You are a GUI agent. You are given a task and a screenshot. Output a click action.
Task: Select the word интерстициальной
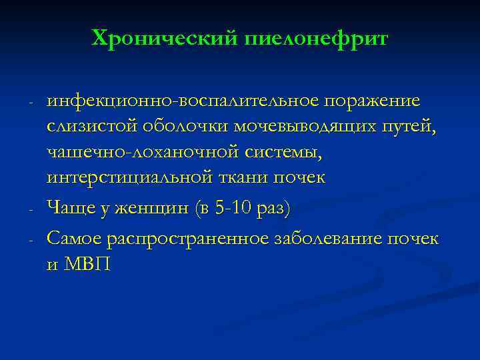pyautogui.click(x=128, y=177)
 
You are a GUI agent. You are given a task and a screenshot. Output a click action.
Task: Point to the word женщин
pyautogui.click(x=155, y=209)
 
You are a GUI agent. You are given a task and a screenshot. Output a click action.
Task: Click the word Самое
pyautogui.click(x=75, y=239)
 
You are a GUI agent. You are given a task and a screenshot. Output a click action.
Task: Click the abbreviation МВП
pyautogui.click(x=90, y=265)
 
